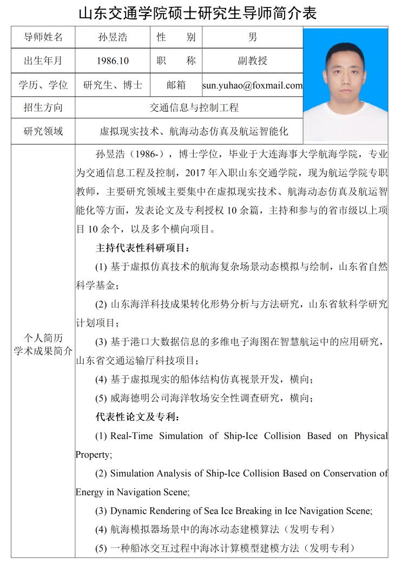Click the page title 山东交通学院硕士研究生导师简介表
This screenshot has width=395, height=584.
coord(198,13)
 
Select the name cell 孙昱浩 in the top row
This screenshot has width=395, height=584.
coord(113,37)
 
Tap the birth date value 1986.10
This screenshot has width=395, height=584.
coord(113,61)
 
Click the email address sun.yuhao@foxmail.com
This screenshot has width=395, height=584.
coord(252,85)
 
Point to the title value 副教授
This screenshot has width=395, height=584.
coord(252,61)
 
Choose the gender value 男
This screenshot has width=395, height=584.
coord(252,37)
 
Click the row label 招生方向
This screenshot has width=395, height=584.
coord(43,108)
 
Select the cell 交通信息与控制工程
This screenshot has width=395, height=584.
coord(194,108)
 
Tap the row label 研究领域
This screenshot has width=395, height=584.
coord(43,131)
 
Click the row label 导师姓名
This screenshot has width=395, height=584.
coord(43,37)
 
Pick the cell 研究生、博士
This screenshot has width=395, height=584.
coord(113,85)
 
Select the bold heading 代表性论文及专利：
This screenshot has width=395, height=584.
coord(138,417)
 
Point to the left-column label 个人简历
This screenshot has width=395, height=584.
coord(43,339)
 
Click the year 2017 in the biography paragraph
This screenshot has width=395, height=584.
coord(195,173)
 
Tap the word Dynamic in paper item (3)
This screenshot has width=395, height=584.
coord(128,511)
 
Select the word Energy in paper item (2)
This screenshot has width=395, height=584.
coord(89,492)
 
